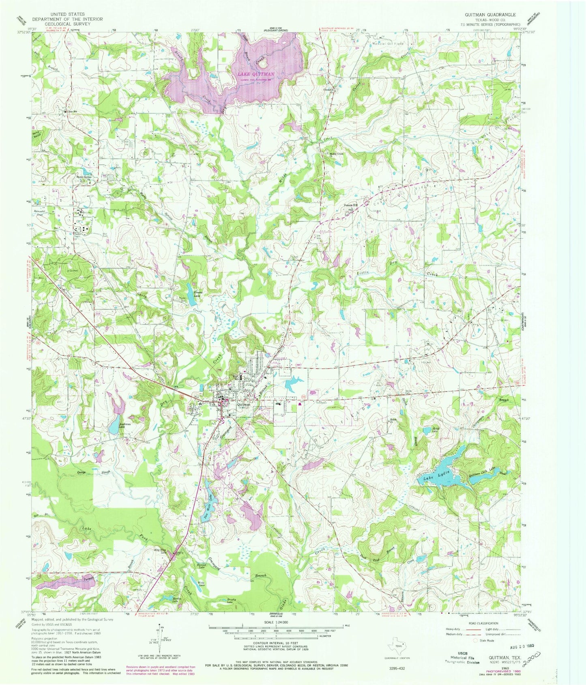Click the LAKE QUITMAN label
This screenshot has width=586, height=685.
255,74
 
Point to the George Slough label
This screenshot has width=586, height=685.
87,473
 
